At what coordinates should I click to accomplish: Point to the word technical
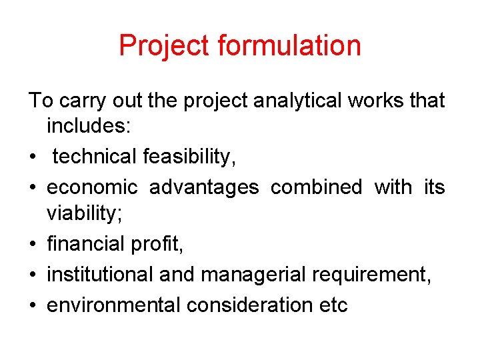click(95, 157)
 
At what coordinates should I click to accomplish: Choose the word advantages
click(204, 187)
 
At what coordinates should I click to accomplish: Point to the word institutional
click(107, 274)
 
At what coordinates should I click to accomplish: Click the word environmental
click(114, 305)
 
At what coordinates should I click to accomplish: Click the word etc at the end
click(333, 305)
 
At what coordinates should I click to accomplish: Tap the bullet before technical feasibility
click(33, 157)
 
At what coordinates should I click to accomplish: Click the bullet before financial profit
click(33, 245)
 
